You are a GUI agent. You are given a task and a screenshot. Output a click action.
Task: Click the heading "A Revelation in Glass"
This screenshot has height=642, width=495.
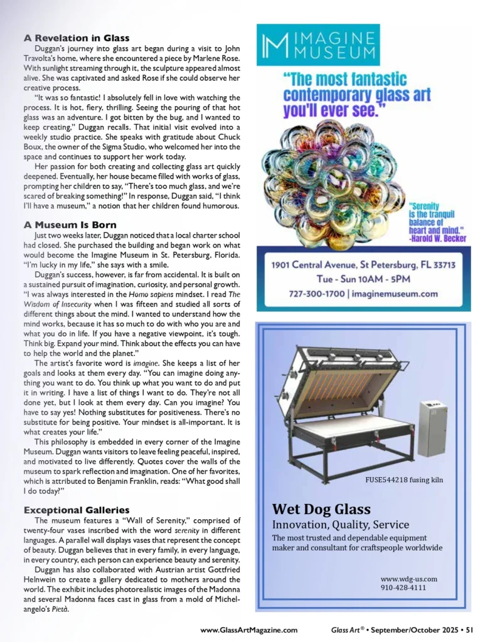[x=77, y=38]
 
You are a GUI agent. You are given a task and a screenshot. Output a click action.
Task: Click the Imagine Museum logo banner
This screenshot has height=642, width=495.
[x=318, y=45]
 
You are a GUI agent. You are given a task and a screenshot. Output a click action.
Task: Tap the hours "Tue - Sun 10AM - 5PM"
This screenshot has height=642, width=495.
[x=363, y=278]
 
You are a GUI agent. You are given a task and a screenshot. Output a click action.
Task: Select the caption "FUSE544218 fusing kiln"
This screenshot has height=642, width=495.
[x=404, y=480]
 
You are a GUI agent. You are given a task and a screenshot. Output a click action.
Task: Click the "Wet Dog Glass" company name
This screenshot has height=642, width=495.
[x=321, y=508]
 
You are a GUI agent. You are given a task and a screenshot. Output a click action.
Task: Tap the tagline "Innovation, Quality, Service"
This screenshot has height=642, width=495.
[x=341, y=524]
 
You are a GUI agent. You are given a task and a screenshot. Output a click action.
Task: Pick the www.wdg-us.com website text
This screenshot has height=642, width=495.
[x=408, y=579]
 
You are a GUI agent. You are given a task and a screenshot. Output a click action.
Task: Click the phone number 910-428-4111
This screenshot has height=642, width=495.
[x=404, y=588]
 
